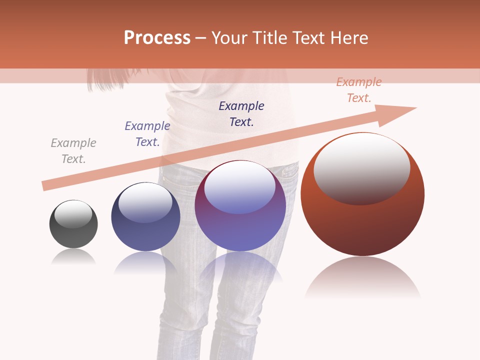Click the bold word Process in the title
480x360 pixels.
(157, 38)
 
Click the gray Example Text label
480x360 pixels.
(73, 151)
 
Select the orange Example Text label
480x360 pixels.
(359, 90)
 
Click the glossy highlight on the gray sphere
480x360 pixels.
(73, 214)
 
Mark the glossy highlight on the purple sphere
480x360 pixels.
(239, 187)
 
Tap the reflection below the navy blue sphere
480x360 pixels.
(145, 262)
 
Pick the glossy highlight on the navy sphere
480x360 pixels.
(145, 202)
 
